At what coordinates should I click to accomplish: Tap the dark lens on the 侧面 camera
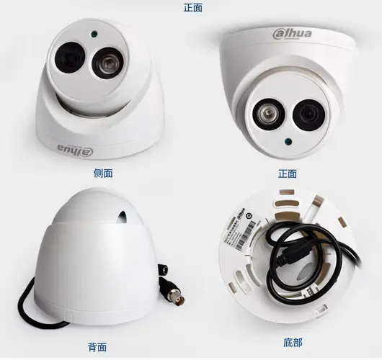pos(71,55)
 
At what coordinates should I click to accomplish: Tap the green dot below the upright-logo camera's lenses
pos(288,141)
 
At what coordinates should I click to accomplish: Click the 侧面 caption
pos(104,174)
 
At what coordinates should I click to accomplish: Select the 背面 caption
pos(97,347)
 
